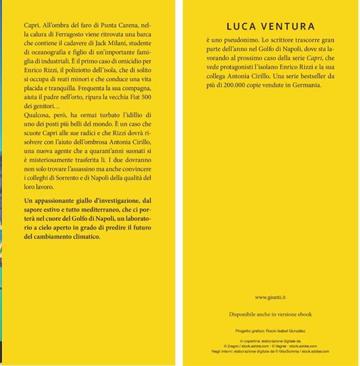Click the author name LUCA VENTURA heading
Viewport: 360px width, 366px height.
pos(271,27)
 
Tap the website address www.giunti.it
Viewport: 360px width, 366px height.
pos(271,297)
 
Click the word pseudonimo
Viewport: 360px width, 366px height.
pos(238,41)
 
